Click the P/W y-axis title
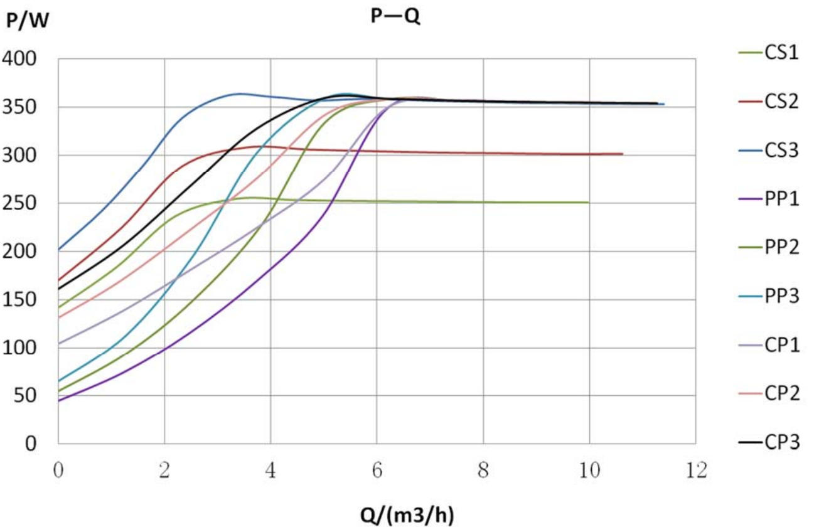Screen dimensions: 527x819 27,21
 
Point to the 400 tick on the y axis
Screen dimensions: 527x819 20,59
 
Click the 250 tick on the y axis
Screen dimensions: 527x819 20,203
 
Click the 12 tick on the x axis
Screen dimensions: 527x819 695,469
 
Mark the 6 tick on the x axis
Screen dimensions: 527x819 377,469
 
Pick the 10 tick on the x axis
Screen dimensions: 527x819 589,469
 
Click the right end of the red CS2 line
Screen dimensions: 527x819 623,154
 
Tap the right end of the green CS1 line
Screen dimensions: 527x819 588,202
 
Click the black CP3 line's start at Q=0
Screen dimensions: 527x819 58,289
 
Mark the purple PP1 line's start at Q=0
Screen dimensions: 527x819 58,400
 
